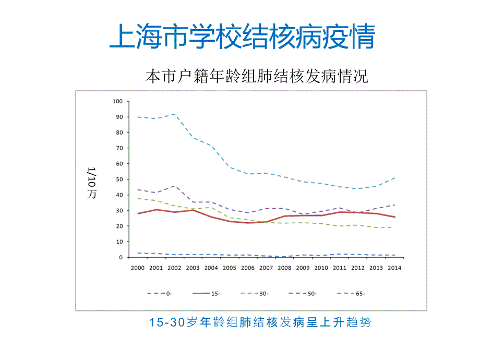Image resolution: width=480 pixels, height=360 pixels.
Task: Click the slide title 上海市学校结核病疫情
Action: (x=242, y=36)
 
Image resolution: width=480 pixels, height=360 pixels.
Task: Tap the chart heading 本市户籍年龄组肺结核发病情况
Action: (x=257, y=77)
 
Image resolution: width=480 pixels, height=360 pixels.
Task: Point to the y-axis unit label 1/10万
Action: (x=92, y=183)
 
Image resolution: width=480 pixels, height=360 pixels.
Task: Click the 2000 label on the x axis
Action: (x=138, y=267)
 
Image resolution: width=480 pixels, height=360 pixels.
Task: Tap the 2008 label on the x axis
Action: (x=284, y=267)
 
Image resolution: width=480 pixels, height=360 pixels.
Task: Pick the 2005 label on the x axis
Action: (x=229, y=267)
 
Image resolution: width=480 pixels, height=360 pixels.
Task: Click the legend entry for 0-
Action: (x=160, y=293)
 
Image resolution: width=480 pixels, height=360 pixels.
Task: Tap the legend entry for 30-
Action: (x=255, y=293)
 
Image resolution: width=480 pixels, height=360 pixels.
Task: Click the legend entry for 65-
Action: (x=351, y=293)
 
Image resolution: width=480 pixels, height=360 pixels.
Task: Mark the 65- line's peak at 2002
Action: (x=174, y=114)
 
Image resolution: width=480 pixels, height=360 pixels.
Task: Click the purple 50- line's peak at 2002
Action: (x=174, y=186)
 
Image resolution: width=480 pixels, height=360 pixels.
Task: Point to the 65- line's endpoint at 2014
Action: (x=394, y=178)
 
